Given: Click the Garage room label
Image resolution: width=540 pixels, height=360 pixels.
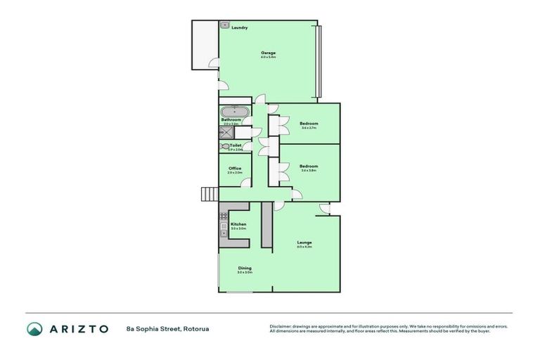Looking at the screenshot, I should coord(268,53).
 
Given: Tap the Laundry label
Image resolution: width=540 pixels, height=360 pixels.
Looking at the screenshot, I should coord(239,27).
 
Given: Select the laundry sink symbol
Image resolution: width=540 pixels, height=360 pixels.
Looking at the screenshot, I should coord(225,25).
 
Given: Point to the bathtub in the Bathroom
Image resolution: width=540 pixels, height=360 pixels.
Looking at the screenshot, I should coord(233,111).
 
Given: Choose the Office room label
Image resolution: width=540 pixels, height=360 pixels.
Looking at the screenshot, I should coord(235,169).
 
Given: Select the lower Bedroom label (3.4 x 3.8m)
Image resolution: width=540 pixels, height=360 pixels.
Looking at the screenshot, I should coord(309,167).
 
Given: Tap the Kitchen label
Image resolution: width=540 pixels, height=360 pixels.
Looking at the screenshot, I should coord(238,224).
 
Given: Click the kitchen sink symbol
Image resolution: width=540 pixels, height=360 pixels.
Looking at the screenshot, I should coord(222,214).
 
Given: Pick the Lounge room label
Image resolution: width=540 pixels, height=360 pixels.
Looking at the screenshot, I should coord(304,243).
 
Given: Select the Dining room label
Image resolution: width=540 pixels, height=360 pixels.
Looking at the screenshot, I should coord(245,268).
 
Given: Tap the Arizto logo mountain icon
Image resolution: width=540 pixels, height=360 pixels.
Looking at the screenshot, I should coord(34,328).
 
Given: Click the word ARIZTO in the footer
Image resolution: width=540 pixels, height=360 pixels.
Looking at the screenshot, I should coord(78,328).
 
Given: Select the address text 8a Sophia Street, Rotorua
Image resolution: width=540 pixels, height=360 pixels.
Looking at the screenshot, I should coord(167,328).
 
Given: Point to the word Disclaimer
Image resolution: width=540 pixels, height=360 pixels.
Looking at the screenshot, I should coord(281,326).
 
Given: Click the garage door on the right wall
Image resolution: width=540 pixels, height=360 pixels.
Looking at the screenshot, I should coord(319,62).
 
